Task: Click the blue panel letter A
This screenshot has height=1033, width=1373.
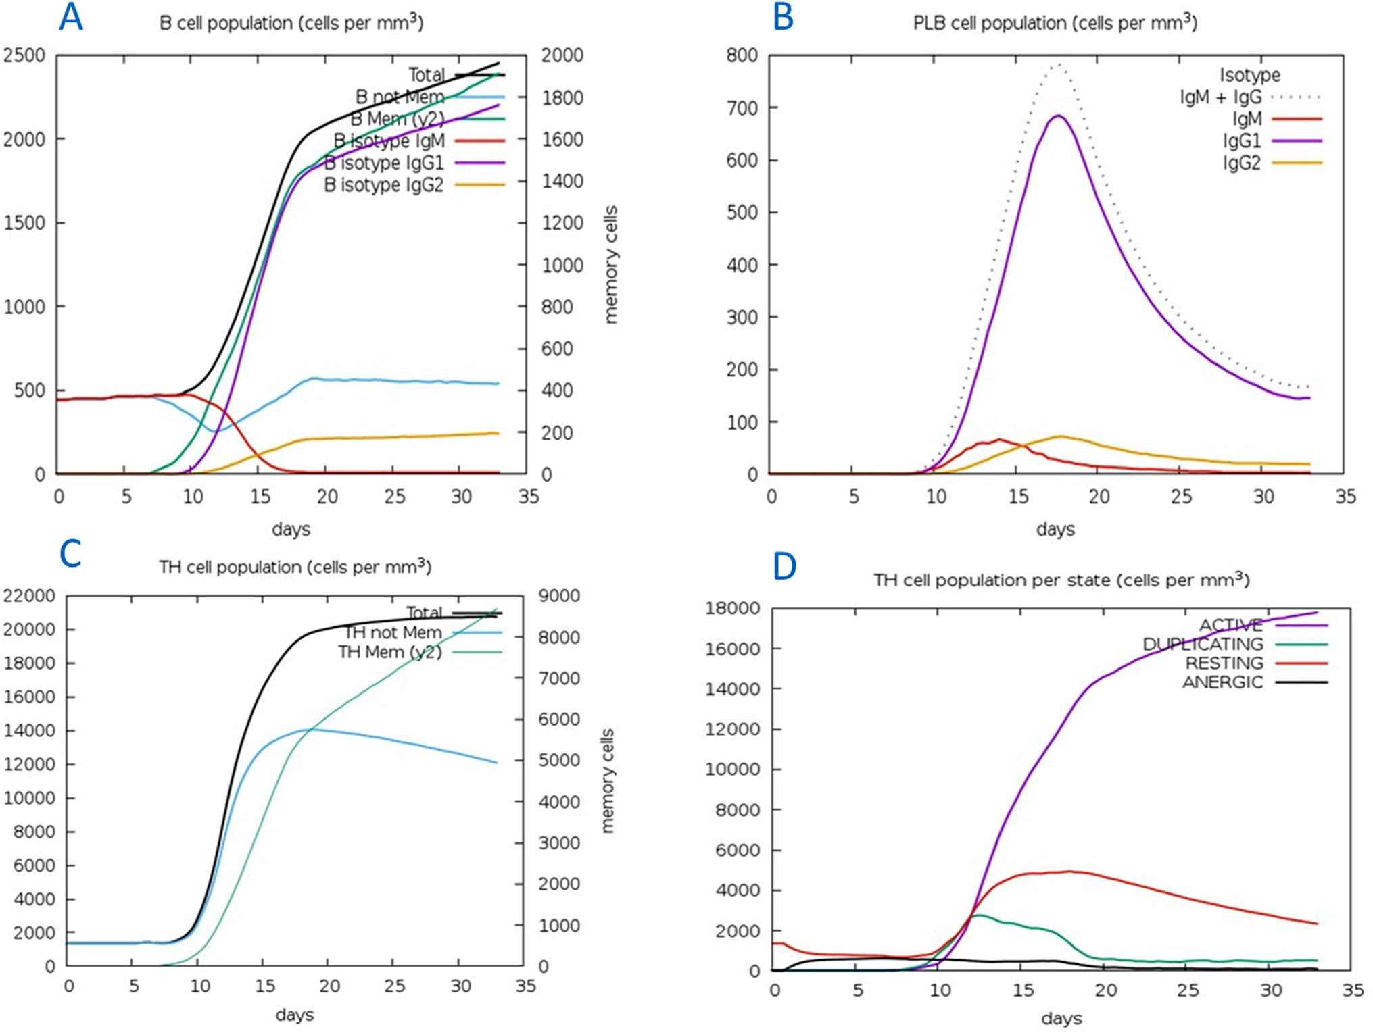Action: coord(71,18)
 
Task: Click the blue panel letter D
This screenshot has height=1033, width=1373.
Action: coord(784,567)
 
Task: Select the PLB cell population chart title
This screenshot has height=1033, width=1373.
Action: coord(1055,23)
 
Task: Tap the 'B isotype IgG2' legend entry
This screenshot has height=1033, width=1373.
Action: coord(384,184)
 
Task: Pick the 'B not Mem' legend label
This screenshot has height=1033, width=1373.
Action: coord(400,97)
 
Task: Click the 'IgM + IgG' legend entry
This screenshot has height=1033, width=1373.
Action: coord(1220,97)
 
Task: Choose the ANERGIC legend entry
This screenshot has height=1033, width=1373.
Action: coord(1222,682)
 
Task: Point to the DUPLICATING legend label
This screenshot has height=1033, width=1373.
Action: coord(1203,645)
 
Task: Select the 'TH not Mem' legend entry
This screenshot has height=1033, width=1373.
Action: coord(393,632)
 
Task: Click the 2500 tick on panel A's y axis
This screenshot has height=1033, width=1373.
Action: coord(24,55)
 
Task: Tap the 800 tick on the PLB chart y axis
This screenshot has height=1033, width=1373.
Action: coord(742,55)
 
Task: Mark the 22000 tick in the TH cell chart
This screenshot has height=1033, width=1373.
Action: coord(29,596)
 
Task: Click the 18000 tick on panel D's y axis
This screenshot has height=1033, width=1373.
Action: coord(732,609)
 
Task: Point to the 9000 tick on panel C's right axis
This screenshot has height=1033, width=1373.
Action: coord(559,596)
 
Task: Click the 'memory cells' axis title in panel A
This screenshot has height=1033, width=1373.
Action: coord(610,265)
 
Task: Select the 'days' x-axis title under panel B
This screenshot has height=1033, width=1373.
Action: coord(1055,529)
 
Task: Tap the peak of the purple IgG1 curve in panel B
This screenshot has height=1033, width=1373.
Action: coord(1058,116)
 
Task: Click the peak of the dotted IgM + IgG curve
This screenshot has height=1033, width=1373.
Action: coord(1059,65)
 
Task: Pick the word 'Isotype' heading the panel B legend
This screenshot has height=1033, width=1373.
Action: coord(1249,75)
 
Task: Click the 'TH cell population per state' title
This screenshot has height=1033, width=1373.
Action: coord(1061,580)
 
